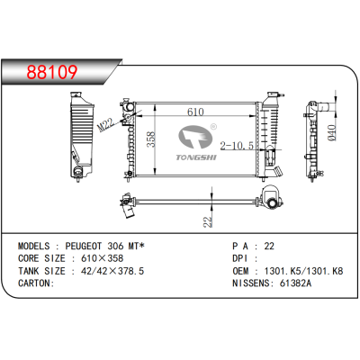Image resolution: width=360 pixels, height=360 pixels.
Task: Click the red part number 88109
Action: click(x=52, y=72)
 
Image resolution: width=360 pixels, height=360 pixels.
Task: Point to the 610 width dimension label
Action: click(x=195, y=112)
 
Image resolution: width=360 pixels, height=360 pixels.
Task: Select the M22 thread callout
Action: click(x=106, y=124)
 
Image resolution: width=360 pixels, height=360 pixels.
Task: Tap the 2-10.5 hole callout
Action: click(x=237, y=146)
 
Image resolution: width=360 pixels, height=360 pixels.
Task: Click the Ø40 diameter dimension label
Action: click(x=332, y=133)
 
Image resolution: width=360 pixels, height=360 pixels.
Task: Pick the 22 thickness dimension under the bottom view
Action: click(x=208, y=222)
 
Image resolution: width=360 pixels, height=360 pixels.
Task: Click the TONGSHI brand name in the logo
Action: click(x=196, y=157)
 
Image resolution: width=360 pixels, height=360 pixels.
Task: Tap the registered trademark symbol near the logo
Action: click(x=213, y=127)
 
